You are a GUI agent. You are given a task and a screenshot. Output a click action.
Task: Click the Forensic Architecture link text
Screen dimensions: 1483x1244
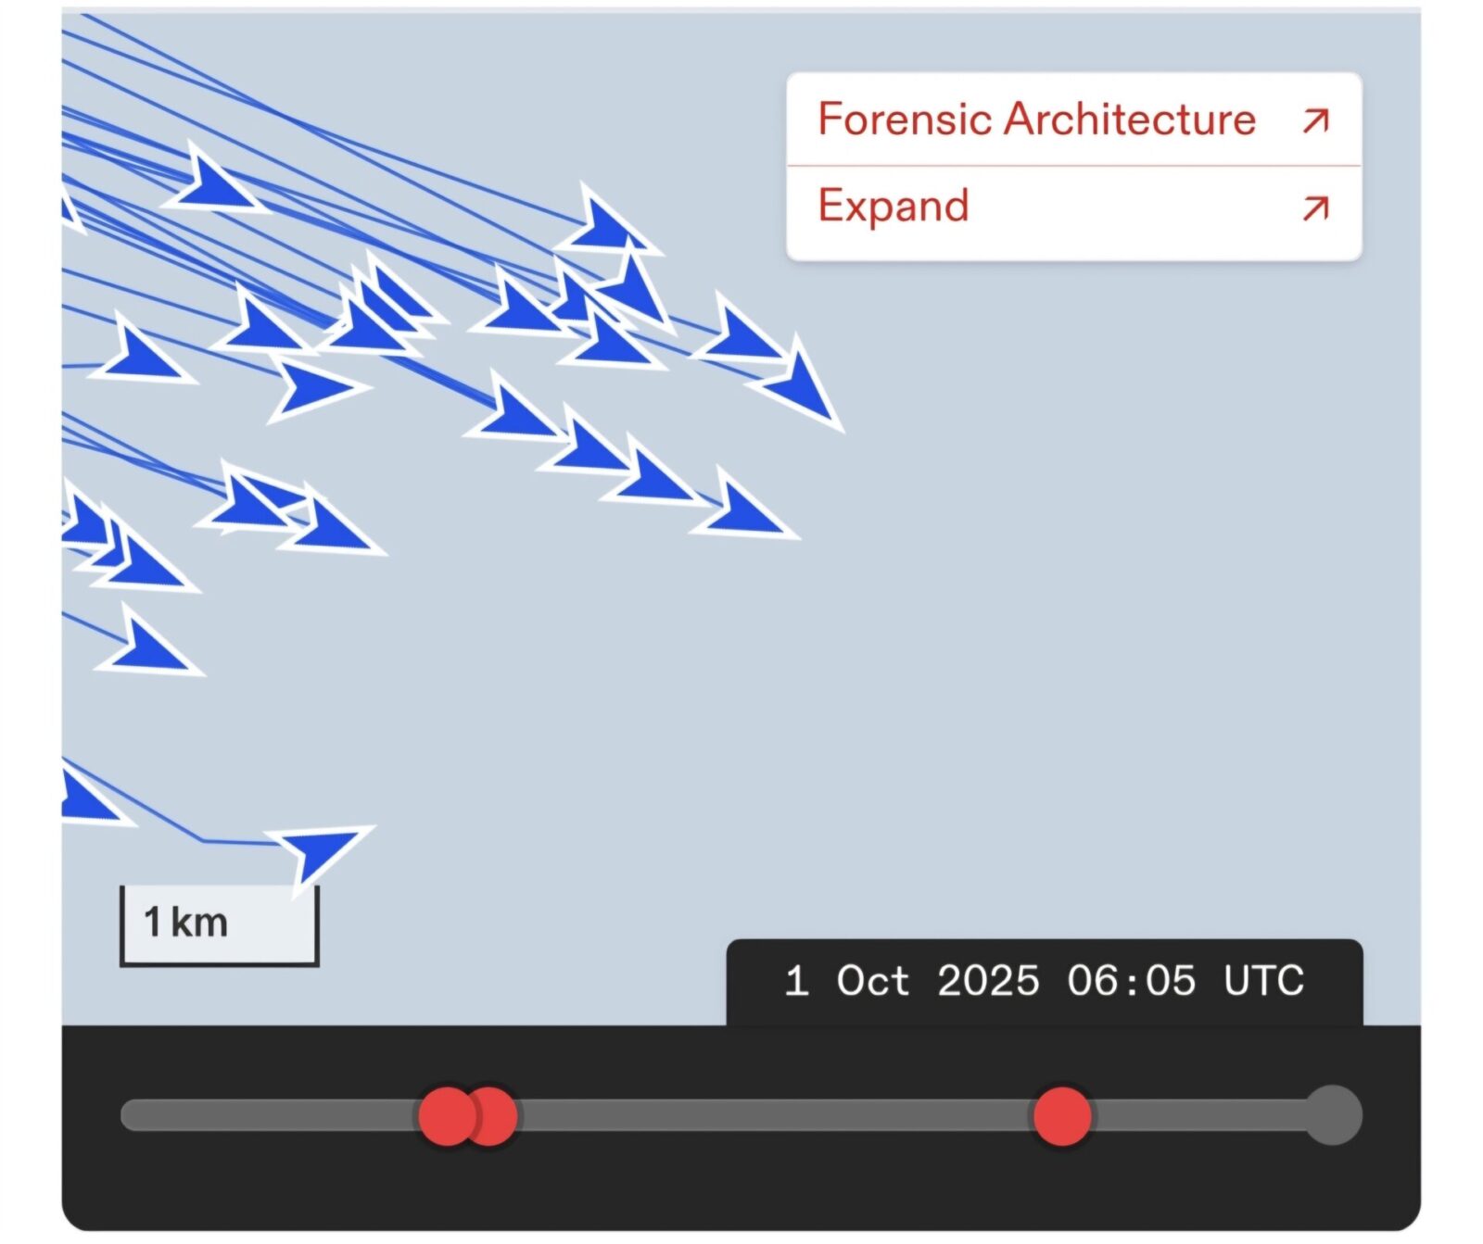[1036, 119]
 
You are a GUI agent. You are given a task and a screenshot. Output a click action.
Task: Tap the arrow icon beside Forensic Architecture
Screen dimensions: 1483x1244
[1316, 120]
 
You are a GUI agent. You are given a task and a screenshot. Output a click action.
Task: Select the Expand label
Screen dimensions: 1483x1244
[894, 206]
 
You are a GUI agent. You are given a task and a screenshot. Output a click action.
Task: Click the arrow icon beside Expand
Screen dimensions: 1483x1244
[1316, 208]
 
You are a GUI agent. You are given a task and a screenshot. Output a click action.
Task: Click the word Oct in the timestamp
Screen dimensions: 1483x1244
[872, 981]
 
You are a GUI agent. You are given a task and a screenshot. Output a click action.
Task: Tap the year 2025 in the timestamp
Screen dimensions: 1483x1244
[988, 981]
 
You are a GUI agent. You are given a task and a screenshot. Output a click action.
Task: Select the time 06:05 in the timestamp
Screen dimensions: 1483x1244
[1131, 981]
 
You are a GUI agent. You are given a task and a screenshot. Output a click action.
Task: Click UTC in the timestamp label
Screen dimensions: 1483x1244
[1263, 981]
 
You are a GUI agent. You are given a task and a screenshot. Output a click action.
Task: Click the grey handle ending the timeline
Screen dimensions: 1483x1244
[1333, 1115]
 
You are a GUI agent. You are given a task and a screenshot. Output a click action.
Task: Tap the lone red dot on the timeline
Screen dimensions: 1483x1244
[1062, 1116]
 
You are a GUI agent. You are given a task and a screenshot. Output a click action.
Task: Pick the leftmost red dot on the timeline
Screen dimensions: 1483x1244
[447, 1116]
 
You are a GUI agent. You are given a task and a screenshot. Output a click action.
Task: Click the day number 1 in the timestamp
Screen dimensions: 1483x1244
[795, 981]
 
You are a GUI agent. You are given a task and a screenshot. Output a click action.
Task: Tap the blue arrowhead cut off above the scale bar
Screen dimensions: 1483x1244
[89, 798]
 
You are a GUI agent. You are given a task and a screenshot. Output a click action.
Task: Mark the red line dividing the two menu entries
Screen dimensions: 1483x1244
[1074, 166]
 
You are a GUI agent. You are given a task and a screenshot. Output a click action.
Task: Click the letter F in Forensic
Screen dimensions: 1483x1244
[830, 119]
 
